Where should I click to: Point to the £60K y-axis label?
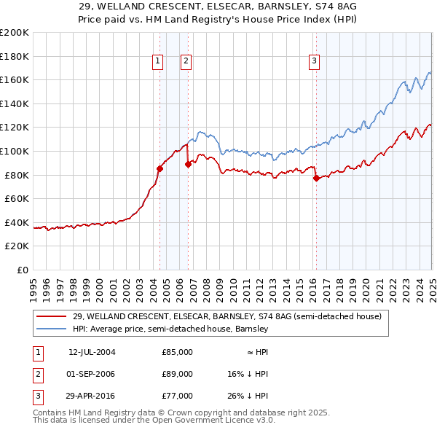17,198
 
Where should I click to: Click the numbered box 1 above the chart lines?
157,62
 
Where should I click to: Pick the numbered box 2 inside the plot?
186,62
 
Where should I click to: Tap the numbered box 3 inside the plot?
314,62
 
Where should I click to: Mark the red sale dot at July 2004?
160,168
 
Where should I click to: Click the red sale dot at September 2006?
188,164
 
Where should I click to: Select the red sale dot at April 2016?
316,178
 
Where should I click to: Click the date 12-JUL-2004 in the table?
92,351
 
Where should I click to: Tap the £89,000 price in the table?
177,374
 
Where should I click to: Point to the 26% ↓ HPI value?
247,396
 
